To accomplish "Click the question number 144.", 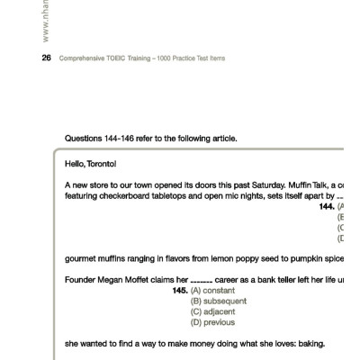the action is pos(327,206).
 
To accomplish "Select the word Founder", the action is pos(82,280).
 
